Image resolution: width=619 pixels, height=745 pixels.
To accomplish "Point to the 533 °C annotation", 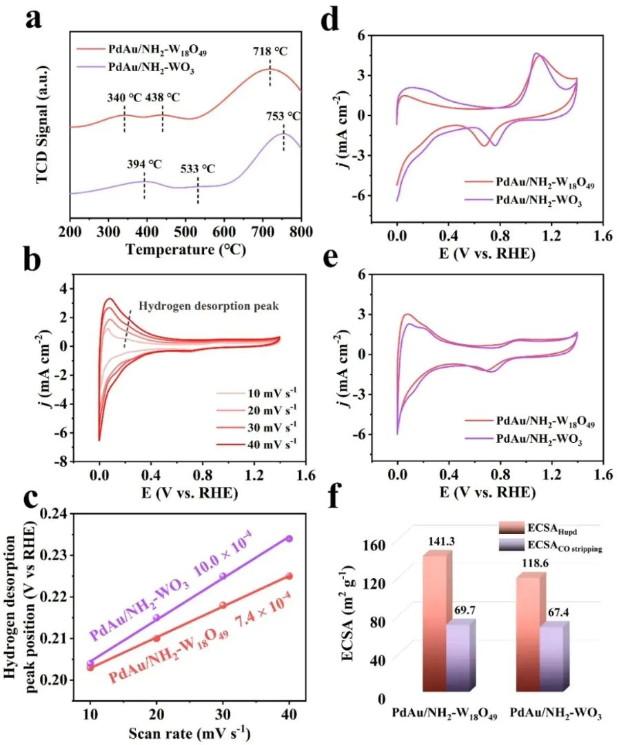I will click(x=198, y=168).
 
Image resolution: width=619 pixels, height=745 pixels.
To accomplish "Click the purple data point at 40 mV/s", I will click(x=290, y=538).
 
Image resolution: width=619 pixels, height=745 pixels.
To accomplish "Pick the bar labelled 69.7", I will click(x=458, y=655).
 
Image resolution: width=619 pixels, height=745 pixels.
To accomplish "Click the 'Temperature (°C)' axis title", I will click(x=185, y=249).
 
